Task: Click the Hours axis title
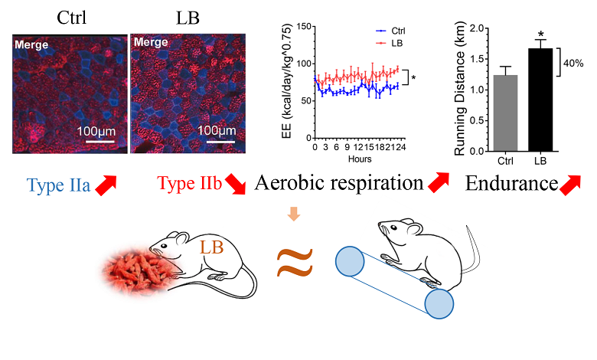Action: pyautogui.click(x=356, y=159)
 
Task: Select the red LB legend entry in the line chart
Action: pyautogui.click(x=392, y=43)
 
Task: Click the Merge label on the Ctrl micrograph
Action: pyautogui.click(x=31, y=44)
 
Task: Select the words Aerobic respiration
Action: pyautogui.click(x=338, y=184)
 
